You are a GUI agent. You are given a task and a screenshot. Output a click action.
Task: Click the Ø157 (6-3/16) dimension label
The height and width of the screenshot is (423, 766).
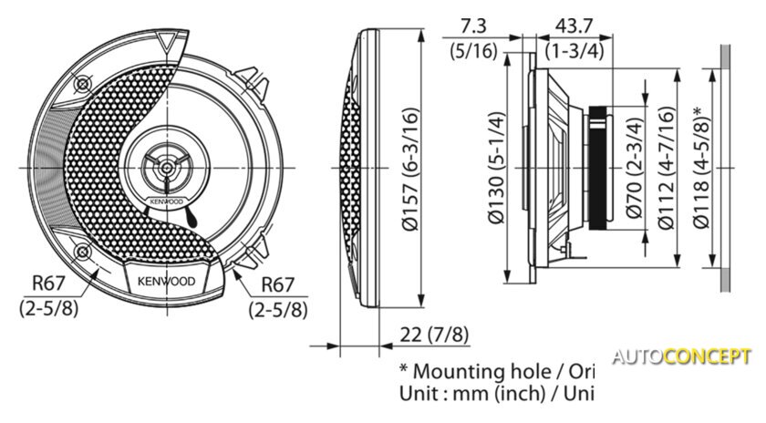[411, 168]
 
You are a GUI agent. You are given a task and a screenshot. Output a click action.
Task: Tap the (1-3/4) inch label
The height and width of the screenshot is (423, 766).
[574, 51]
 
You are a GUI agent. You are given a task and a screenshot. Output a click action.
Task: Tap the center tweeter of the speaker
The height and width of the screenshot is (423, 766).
[166, 167]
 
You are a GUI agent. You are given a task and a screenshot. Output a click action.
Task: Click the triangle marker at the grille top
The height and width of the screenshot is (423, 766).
[166, 42]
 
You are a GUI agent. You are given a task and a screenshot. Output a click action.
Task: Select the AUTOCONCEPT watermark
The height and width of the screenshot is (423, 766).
[681, 356]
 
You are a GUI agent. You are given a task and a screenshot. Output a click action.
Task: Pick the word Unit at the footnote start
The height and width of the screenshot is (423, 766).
[419, 395]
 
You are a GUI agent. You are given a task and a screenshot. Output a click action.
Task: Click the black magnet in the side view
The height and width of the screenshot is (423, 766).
[595, 168]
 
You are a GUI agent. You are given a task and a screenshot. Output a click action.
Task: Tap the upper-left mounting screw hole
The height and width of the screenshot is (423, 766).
[84, 84]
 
